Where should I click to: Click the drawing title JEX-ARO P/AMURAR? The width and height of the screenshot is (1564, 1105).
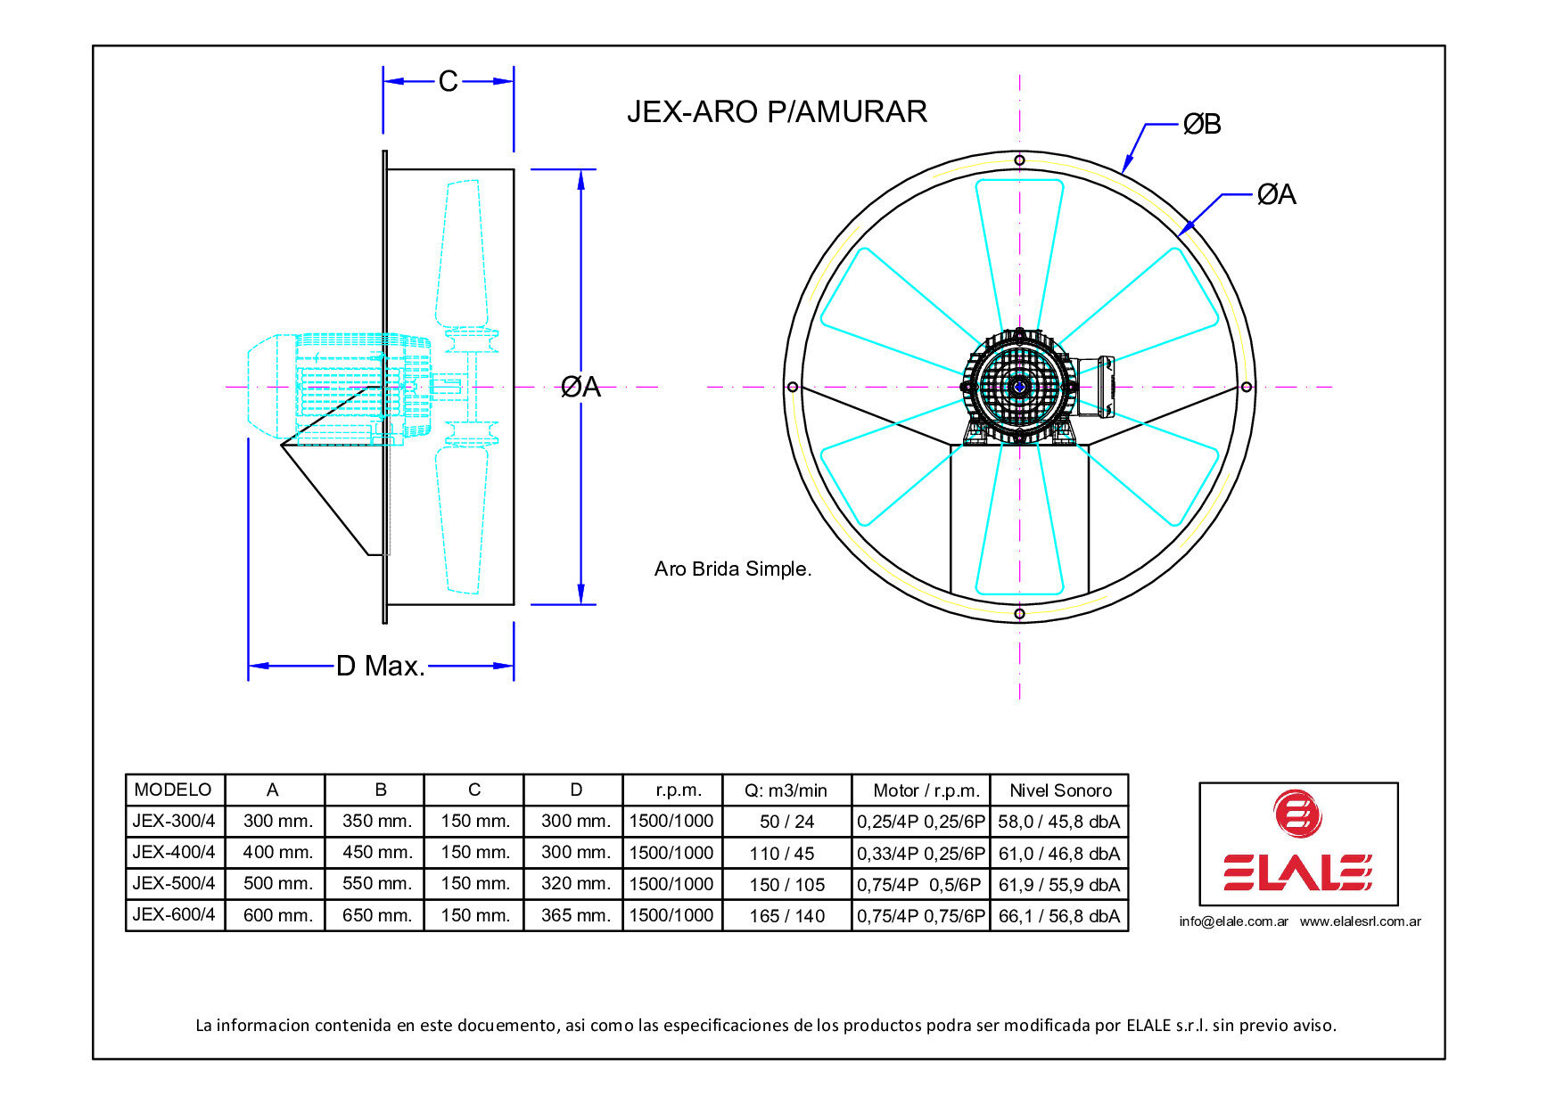777,111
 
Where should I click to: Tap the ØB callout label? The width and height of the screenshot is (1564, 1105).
1201,125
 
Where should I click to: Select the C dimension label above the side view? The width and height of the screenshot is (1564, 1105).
448,81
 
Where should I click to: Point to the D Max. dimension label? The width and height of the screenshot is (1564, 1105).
381,666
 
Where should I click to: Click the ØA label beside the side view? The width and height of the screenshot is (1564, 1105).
580,387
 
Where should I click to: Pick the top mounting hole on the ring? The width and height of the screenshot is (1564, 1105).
1019,160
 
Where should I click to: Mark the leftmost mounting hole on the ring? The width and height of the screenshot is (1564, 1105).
793,387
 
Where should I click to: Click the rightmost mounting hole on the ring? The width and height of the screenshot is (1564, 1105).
1247,387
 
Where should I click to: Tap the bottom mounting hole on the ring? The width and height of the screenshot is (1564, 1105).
1019,613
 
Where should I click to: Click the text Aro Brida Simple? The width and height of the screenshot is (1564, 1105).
733,569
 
